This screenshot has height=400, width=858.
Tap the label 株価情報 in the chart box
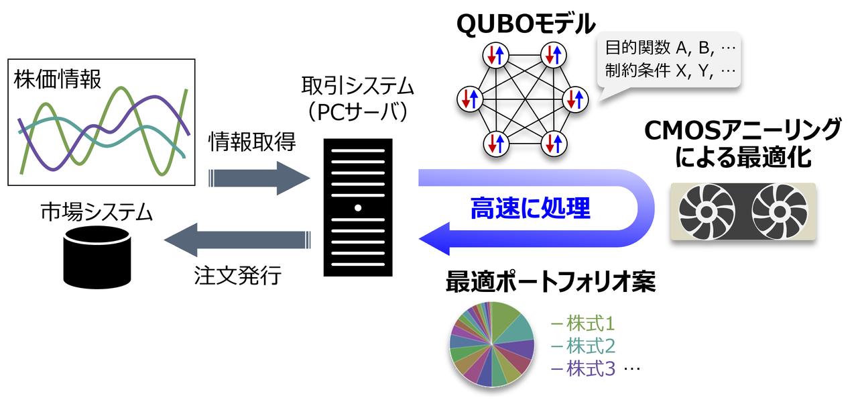(58, 79)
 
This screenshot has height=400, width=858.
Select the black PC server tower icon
(358, 207)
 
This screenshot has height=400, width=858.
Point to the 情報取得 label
(252, 143)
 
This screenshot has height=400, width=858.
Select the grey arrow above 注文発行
(238, 240)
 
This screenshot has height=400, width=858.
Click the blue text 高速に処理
(530, 209)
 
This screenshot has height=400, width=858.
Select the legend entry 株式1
(583, 324)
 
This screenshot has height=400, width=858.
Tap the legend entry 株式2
(583, 346)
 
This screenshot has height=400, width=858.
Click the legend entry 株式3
(583, 368)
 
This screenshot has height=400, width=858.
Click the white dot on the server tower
(358, 208)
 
